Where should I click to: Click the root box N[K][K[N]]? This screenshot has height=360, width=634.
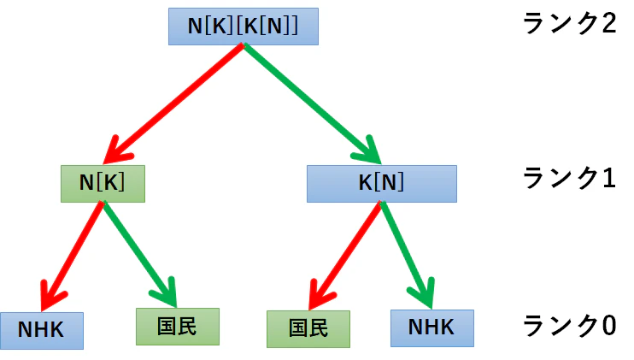[x=244, y=27]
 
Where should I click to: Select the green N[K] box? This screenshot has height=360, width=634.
[x=103, y=184]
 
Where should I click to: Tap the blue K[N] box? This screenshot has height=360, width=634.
[x=382, y=184]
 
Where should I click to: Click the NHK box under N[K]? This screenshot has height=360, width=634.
[x=42, y=330]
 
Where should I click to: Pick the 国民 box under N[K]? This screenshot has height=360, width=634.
[x=178, y=327]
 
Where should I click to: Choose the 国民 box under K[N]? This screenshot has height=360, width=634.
[x=308, y=329]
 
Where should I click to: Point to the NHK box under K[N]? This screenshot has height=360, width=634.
[x=432, y=328]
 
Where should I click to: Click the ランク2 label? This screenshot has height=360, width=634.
[x=570, y=23]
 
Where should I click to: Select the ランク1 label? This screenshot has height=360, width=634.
[x=570, y=178]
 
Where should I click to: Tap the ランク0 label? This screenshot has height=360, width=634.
[x=570, y=326]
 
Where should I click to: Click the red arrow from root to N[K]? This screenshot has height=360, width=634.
[x=173, y=103]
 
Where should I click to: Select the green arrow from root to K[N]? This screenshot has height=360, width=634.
[x=312, y=103]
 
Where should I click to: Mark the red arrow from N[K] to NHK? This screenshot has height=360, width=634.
[x=72, y=257]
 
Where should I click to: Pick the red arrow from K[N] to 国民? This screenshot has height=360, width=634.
[x=345, y=256]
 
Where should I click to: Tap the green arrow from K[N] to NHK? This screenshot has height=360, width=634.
[x=407, y=255]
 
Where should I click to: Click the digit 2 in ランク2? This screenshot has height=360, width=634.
[x=608, y=23]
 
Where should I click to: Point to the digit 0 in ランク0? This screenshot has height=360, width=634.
[x=608, y=326]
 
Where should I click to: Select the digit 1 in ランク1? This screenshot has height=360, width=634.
[x=608, y=178]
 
